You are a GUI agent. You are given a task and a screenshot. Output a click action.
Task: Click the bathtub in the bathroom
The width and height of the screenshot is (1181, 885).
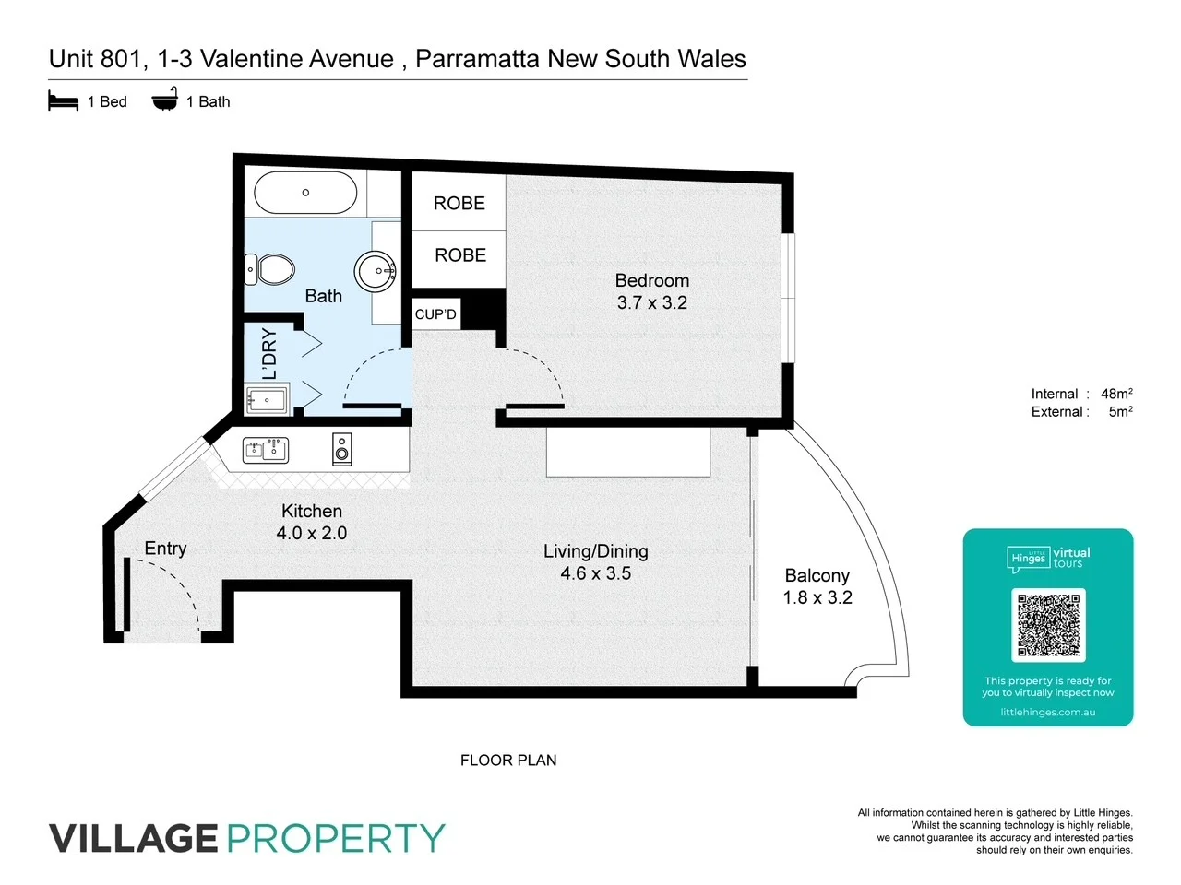tap(305, 193)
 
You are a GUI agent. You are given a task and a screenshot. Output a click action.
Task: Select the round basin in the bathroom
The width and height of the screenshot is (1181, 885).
tap(376, 272)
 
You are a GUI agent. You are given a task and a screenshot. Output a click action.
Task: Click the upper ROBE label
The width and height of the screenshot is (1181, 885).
tap(459, 204)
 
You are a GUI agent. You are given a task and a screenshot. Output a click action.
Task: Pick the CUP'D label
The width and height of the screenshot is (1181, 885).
tap(435, 314)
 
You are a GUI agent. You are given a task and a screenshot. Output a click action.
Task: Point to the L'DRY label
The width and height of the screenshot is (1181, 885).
tap(269, 354)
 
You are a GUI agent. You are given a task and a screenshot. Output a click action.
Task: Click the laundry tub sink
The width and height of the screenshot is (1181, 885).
tap(267, 400)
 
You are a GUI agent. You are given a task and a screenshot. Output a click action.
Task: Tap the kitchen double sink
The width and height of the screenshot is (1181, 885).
tap(266, 450)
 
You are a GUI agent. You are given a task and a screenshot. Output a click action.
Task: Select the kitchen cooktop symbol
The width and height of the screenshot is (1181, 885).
tap(342, 449)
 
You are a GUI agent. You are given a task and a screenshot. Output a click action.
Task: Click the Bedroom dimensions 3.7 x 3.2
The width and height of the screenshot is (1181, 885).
tap(652, 303)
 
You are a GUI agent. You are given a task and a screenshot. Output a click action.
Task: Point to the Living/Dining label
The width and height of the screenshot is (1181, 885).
tap(596, 551)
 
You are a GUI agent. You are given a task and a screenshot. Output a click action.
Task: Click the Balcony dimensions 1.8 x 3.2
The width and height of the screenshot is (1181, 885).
tap(817, 597)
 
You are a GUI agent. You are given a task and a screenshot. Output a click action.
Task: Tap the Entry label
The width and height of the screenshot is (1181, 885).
tap(166, 549)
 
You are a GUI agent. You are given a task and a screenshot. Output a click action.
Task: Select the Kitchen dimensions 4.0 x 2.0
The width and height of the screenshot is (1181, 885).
tap(312, 533)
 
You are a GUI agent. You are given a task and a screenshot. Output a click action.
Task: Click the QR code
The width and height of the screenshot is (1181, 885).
tap(1048, 625)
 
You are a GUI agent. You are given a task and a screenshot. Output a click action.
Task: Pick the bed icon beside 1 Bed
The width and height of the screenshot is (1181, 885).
tap(63, 101)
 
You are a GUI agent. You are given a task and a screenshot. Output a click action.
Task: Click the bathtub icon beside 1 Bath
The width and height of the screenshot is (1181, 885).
tap(165, 100)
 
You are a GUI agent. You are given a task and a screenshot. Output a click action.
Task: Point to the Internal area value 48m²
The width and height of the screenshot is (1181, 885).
tap(1116, 394)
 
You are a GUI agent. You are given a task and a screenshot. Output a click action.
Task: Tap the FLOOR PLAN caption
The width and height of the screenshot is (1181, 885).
tap(508, 761)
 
